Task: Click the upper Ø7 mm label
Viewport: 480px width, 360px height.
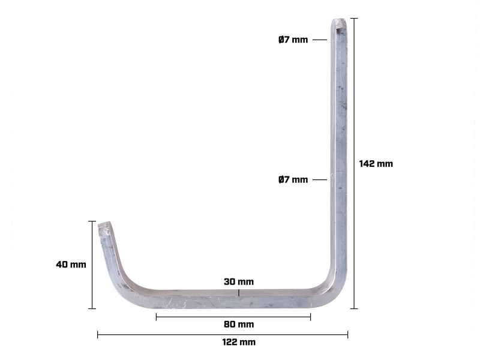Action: tap(293, 40)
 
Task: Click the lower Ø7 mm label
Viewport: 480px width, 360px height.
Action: tap(293, 179)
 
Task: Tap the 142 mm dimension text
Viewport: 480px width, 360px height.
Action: tap(376, 163)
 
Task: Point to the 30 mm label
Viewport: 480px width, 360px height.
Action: tap(238, 281)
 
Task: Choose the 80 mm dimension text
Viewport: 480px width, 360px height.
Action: tap(238, 325)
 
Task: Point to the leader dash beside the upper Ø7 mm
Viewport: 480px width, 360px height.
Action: tap(320, 40)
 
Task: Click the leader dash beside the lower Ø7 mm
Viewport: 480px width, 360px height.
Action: tap(320, 179)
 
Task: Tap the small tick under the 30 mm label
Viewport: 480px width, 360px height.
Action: tap(238, 293)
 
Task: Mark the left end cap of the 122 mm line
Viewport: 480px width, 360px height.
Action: tap(98, 334)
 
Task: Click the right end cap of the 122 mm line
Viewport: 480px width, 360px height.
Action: tap(347, 334)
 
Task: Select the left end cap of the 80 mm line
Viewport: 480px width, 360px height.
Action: tap(156, 317)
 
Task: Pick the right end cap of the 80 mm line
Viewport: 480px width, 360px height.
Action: tap(310, 317)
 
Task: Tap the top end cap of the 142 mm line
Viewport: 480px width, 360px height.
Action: tap(354, 19)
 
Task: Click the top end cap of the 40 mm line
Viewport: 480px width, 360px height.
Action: tap(92, 221)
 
